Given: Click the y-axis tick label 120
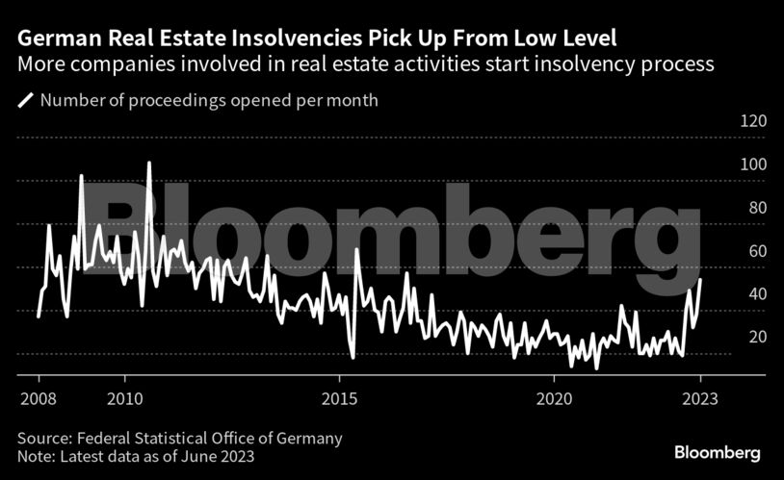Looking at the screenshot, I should point(751,121).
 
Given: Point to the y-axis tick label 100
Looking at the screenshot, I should point(751,164).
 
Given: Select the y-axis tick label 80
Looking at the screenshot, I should point(755,208).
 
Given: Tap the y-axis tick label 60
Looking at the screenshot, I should point(755,251).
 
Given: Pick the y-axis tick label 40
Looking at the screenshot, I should point(755,293).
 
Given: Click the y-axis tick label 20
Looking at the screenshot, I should point(755,337).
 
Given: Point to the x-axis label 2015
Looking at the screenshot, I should point(340,398).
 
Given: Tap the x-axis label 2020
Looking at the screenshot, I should point(556,398).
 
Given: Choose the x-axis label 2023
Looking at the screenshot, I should point(700,398).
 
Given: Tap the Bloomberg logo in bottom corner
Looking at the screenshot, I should point(717,451).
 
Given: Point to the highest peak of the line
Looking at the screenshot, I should point(149,163).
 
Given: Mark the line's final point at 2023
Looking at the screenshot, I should point(701,279).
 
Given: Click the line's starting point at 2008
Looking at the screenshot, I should point(39,316).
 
